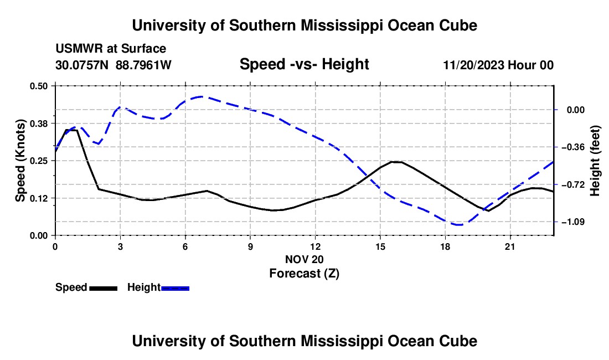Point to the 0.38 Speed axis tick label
click(38, 124)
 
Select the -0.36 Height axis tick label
click(573, 147)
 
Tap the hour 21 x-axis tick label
click(509, 247)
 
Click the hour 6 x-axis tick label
click(185, 247)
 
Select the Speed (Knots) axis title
click(20, 161)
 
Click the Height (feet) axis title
click(595, 161)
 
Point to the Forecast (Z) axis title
click(304, 274)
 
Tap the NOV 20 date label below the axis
click(304, 259)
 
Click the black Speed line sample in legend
click(104, 288)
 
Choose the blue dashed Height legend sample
click(175, 288)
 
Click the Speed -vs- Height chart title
click(304, 64)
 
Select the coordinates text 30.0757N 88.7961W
click(113, 65)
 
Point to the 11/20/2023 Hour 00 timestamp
click(498, 65)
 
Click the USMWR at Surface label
click(111, 49)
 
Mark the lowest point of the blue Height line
click(460, 224)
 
